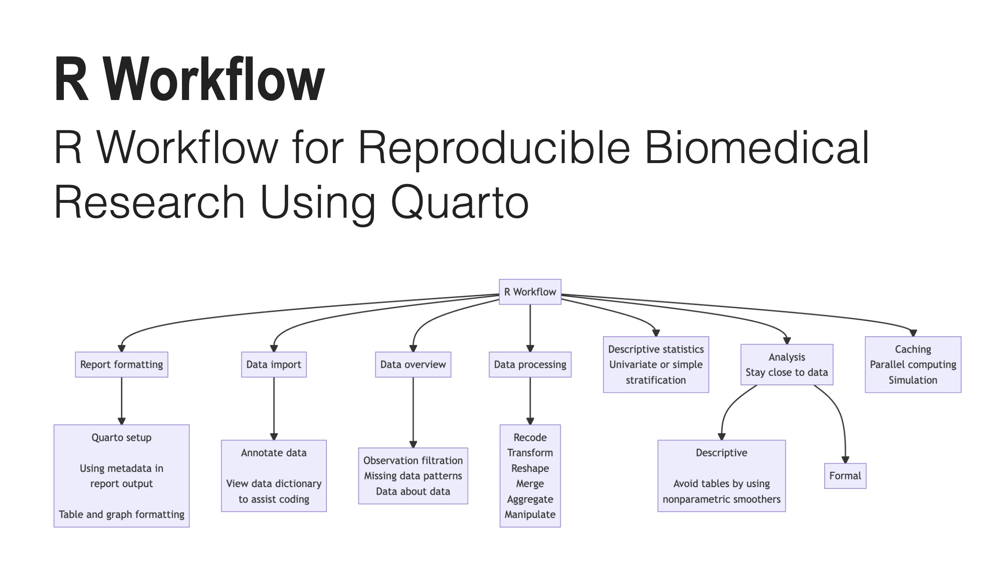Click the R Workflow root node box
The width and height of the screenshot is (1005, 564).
(530, 292)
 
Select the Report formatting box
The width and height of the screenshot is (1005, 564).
(121, 364)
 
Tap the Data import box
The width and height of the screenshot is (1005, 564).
(274, 364)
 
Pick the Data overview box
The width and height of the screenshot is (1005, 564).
(413, 364)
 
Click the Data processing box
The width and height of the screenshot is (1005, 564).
(530, 364)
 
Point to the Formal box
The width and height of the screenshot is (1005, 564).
(845, 476)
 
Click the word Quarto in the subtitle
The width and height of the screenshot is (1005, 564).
(460, 203)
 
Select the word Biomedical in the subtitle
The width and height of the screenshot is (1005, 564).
(756, 148)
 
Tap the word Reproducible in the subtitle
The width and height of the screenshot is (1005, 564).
(494, 148)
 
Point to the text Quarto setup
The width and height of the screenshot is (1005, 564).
(121, 437)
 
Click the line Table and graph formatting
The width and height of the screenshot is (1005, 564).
(121, 514)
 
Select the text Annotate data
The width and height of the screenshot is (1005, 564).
(274, 453)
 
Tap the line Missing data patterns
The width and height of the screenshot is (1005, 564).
(413, 476)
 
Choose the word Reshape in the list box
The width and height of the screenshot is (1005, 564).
(530, 468)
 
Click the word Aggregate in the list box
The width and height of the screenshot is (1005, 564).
(530, 499)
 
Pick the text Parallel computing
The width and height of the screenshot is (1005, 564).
(913, 364)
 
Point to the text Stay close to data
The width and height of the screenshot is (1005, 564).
(787, 372)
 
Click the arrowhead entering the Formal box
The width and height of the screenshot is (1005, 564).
(845, 460)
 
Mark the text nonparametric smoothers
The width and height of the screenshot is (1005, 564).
(721, 499)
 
